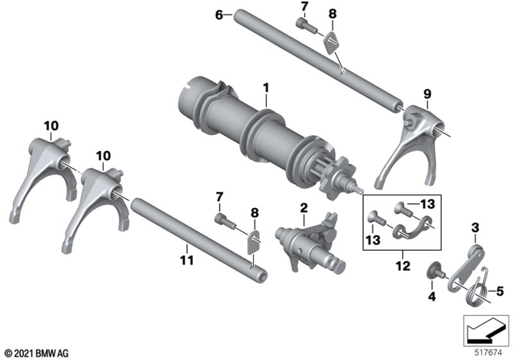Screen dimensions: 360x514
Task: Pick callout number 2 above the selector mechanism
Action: coord(304,210)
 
